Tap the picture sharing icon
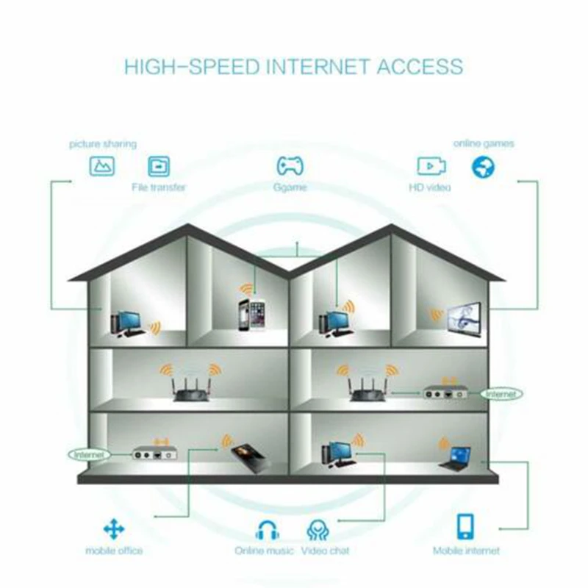pos(102,165)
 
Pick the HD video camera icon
pos(430,165)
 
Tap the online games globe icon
pos(483,166)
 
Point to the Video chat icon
pos(318,528)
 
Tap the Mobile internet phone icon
pos(466,526)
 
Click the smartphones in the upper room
pos(250,315)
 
